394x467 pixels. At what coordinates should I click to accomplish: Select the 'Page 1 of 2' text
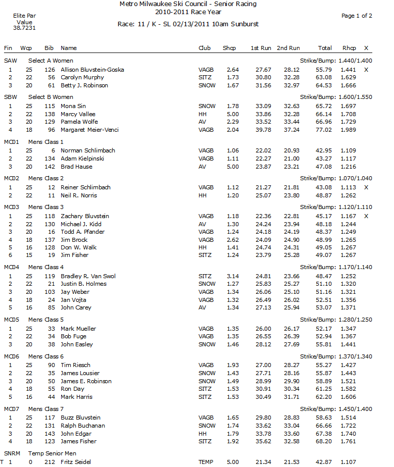pos(357,16)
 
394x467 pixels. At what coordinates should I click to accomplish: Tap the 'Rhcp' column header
pos(349,48)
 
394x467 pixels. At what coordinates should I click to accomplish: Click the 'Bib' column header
pos(49,48)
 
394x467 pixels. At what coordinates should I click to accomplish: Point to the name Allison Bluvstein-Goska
pos(92,70)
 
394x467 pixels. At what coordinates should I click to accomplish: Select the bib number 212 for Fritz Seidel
pos(49,462)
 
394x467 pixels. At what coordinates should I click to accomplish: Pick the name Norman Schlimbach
pos(88,150)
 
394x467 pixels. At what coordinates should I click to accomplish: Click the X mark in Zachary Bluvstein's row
pos(366,216)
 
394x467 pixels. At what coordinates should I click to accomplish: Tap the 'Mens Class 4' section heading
pos(46,267)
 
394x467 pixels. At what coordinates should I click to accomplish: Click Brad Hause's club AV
pos(202,166)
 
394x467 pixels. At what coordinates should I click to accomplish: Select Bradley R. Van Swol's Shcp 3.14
pos(233,276)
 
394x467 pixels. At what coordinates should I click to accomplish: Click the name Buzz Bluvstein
pos(80,418)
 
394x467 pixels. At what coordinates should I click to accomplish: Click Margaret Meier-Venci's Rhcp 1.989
pos(348,130)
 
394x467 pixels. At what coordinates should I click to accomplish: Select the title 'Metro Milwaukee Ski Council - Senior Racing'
pos(188,4)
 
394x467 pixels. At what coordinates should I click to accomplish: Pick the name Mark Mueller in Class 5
pos(78,329)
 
